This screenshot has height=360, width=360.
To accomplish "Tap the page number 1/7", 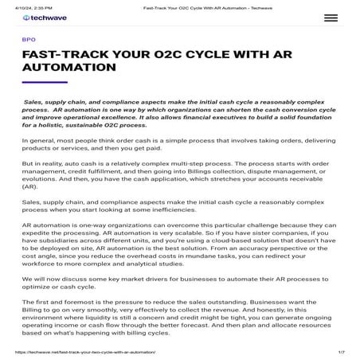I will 340,351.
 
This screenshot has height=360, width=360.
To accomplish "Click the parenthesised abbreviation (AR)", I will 30,186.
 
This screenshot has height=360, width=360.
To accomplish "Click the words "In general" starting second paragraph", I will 39,140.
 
